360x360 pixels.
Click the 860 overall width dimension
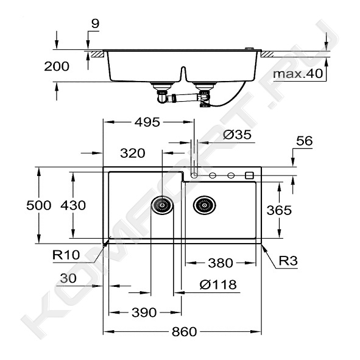click(184, 331)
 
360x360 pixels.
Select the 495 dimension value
click(147, 122)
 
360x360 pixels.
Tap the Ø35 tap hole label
click(237, 135)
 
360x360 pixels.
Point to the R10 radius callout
click(66, 255)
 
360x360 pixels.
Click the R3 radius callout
click(288, 261)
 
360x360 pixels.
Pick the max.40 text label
click(298, 74)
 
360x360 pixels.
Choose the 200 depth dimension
click(57, 66)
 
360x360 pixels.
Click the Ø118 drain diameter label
click(218, 284)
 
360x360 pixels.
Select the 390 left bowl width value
click(144, 312)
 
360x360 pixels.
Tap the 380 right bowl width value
click(221, 263)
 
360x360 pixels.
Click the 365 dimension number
click(279, 210)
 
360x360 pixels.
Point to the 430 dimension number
click(73, 205)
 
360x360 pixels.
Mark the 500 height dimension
click(39, 205)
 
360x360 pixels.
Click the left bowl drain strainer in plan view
click(162, 205)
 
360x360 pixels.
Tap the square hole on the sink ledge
click(249, 175)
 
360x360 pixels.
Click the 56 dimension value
click(305, 141)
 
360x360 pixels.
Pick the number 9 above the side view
click(95, 23)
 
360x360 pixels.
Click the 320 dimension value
click(133, 153)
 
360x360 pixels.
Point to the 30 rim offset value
click(68, 278)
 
